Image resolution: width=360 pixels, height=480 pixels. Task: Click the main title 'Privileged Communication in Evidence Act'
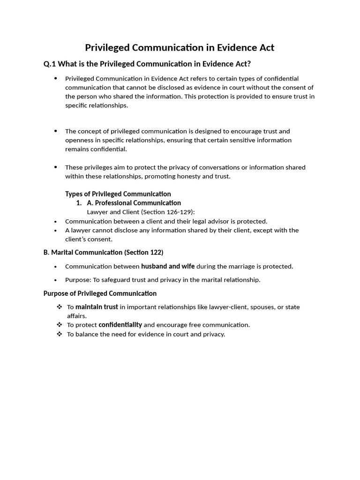[x=180, y=47]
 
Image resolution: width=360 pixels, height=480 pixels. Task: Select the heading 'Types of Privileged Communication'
[x=118, y=194]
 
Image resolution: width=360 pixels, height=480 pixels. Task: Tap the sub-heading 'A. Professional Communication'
[x=134, y=203]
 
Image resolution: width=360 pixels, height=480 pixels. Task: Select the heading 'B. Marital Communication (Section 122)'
[x=103, y=252]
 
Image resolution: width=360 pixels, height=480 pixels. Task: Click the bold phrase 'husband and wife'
[x=168, y=266]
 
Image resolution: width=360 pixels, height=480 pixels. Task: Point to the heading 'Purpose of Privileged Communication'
[x=100, y=293]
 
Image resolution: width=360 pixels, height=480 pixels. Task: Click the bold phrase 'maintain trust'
[x=97, y=307]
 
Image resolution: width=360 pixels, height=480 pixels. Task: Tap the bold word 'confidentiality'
[x=120, y=325]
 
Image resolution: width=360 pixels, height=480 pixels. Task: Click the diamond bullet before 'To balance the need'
[x=59, y=334]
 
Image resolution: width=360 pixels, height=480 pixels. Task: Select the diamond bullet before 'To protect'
[x=59, y=325]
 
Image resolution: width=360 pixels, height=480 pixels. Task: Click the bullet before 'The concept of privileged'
[x=56, y=131]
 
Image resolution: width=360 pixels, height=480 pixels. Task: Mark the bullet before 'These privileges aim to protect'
[x=56, y=167]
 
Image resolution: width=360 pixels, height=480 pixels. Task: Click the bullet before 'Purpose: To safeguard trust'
[x=56, y=280]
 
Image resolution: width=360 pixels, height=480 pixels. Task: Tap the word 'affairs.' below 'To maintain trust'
[x=77, y=316]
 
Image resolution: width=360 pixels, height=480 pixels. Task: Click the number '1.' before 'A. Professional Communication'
[x=79, y=203]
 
